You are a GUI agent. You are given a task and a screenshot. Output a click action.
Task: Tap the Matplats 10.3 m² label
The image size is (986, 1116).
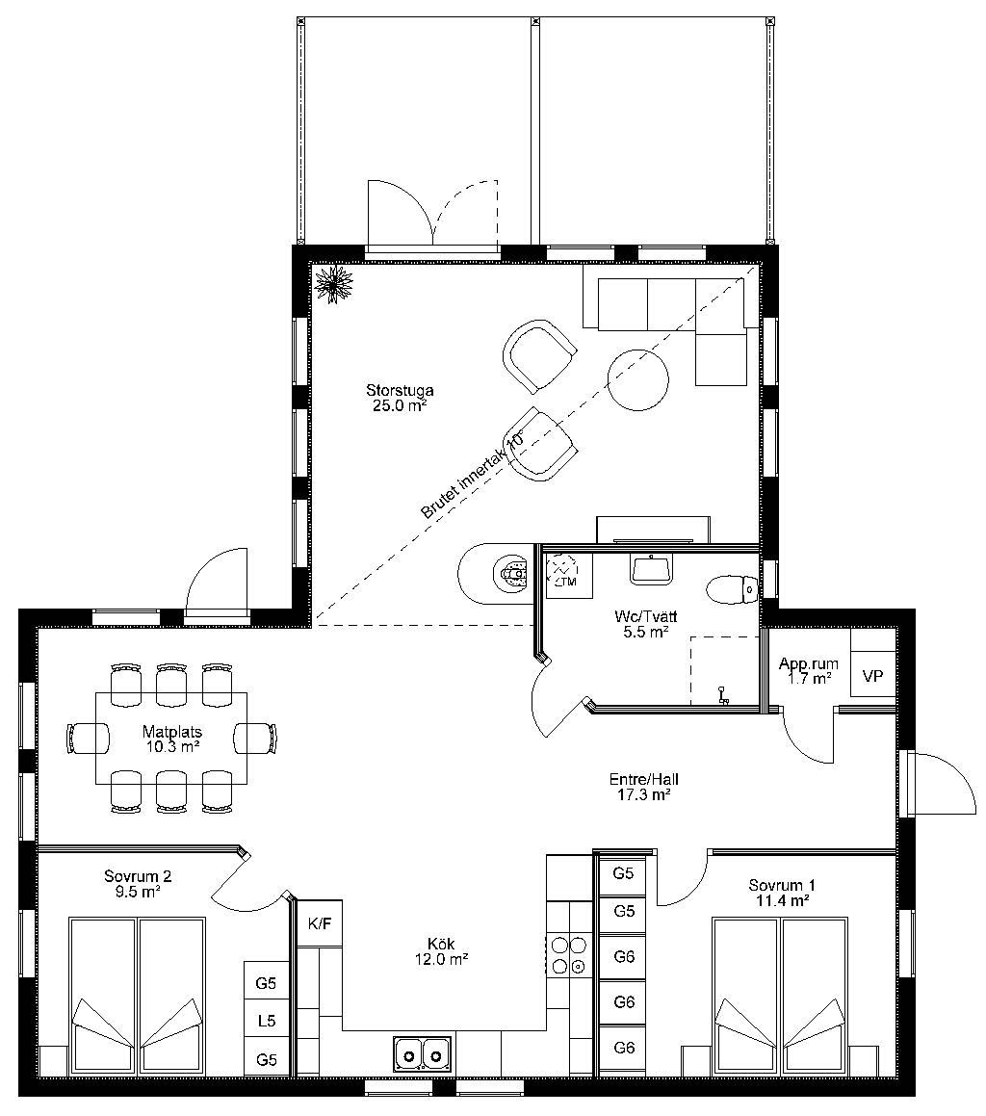[171, 739]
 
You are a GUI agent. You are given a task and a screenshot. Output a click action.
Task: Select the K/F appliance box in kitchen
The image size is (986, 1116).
[320, 923]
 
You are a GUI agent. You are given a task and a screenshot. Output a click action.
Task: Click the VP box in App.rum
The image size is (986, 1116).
[872, 675]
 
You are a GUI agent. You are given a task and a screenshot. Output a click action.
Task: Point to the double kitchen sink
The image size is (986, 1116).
[422, 1053]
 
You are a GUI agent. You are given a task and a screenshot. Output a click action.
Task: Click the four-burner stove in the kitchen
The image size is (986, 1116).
[569, 955]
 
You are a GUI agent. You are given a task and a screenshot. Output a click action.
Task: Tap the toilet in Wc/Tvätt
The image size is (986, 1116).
[732, 588]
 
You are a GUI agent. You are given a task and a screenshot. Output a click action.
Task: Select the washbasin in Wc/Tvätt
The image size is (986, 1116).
[650, 569]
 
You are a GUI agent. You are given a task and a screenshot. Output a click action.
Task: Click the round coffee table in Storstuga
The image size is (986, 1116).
[637, 379]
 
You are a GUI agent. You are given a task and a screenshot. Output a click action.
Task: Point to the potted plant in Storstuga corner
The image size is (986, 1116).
[333, 284]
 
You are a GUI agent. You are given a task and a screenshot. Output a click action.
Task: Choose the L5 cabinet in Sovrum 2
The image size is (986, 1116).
[267, 1021]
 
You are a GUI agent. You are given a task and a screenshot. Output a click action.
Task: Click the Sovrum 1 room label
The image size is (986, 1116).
[782, 893]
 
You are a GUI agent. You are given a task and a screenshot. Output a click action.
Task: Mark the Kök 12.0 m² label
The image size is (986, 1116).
[441, 951]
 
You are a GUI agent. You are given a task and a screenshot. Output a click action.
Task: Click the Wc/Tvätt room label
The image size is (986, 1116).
[646, 624]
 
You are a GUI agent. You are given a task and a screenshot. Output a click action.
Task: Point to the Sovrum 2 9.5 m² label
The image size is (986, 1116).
[138, 884]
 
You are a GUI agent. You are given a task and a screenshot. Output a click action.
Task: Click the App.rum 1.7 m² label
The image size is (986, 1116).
[808, 670]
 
